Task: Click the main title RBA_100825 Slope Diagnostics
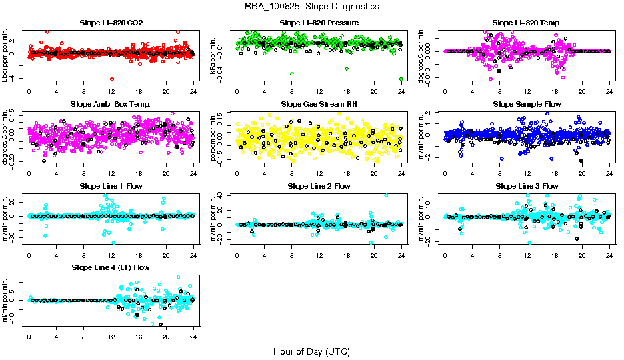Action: [x=312, y=6]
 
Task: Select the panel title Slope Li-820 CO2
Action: [x=111, y=23]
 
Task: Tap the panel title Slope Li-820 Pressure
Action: [x=319, y=23]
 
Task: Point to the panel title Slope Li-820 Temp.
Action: [x=527, y=23]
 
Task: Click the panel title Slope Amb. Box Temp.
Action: [x=111, y=105]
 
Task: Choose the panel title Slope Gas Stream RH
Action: [x=319, y=105]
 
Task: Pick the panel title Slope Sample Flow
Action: [x=527, y=105]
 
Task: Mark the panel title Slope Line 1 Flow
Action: [x=111, y=186]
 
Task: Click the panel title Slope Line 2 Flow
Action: [x=319, y=186]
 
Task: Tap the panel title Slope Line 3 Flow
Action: [x=527, y=186]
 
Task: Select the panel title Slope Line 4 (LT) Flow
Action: [x=111, y=267]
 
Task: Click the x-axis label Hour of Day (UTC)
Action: [x=312, y=351]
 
